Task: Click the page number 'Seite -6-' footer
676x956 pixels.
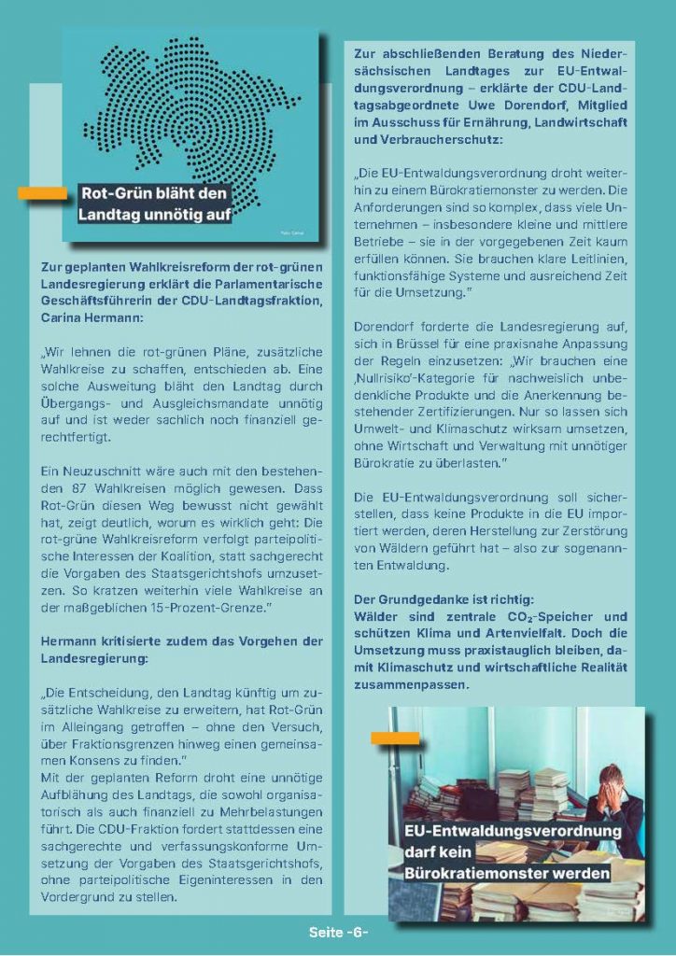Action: point(338,933)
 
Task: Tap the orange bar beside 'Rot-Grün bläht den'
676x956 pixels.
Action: point(42,194)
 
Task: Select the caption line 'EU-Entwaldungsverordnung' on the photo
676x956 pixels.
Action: point(513,830)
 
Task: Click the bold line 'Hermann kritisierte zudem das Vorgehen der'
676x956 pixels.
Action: point(182,641)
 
